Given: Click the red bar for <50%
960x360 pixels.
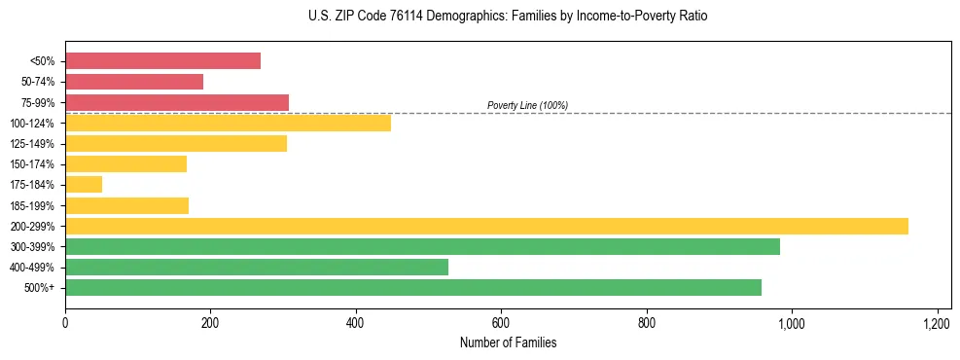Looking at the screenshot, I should click(x=162, y=61).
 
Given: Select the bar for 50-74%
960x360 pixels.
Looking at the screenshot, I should click(x=134, y=82).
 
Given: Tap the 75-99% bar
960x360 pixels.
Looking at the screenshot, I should click(x=177, y=102).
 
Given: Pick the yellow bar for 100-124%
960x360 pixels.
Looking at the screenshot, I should click(x=228, y=123).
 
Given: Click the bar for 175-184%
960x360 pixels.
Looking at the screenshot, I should click(x=84, y=185).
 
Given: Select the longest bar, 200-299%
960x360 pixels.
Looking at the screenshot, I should click(x=486, y=226).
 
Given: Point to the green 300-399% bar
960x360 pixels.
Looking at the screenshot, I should click(x=422, y=246).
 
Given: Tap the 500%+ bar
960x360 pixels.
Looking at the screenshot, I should click(x=413, y=287).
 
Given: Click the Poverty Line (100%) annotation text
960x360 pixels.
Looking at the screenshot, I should click(x=527, y=105).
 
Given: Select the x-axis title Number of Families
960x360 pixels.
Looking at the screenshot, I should click(x=507, y=342).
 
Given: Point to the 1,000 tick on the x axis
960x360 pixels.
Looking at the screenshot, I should click(x=791, y=322).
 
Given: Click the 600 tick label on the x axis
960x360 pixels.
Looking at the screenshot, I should click(x=501, y=322).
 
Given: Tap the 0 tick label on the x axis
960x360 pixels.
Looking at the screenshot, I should click(x=65, y=322).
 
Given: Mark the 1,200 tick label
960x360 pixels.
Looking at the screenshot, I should click(x=937, y=322).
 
